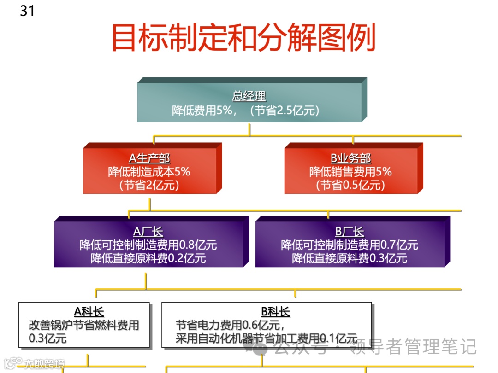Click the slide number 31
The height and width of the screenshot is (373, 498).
pyautogui.click(x=27, y=10)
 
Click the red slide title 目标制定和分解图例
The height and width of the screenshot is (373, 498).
pyautogui.click(x=243, y=39)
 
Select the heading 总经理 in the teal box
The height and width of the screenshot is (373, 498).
pyautogui.click(x=249, y=96)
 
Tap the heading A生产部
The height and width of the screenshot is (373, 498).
pyautogui.click(x=149, y=159)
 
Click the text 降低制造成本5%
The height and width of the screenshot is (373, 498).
pyautogui.click(x=149, y=172)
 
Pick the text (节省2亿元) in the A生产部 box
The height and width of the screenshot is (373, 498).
pyautogui.click(x=149, y=185)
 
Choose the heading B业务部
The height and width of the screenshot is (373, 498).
pyautogui.click(x=350, y=159)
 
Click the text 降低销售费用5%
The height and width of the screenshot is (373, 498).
pyautogui.click(x=350, y=172)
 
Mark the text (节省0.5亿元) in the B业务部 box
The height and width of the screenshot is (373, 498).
pyautogui.click(x=350, y=185)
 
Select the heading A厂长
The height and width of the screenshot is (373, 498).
pyautogui.click(x=148, y=232)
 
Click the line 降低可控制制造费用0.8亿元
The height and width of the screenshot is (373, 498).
pyautogui.click(x=148, y=245)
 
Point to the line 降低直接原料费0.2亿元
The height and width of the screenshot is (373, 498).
pyautogui.click(x=148, y=258)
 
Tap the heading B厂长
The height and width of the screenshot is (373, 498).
pyautogui.click(x=350, y=232)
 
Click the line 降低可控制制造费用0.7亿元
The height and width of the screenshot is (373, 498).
pyautogui.click(x=350, y=245)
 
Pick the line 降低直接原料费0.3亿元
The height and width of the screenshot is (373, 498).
pyautogui.click(x=350, y=258)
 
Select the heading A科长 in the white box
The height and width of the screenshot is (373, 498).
pyautogui.click(x=89, y=312)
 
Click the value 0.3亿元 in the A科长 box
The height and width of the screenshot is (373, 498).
pyautogui.click(x=47, y=338)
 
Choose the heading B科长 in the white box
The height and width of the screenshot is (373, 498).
pyautogui.click(x=275, y=312)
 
